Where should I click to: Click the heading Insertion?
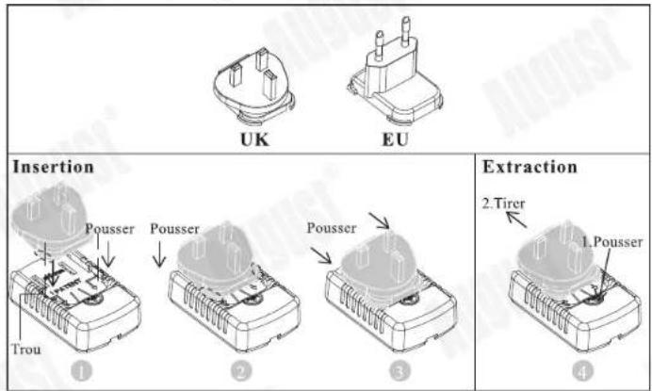[53, 168]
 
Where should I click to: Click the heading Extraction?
[530, 168]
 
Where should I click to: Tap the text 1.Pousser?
[610, 240]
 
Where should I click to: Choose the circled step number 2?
[241, 371]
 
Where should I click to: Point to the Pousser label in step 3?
[332, 228]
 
